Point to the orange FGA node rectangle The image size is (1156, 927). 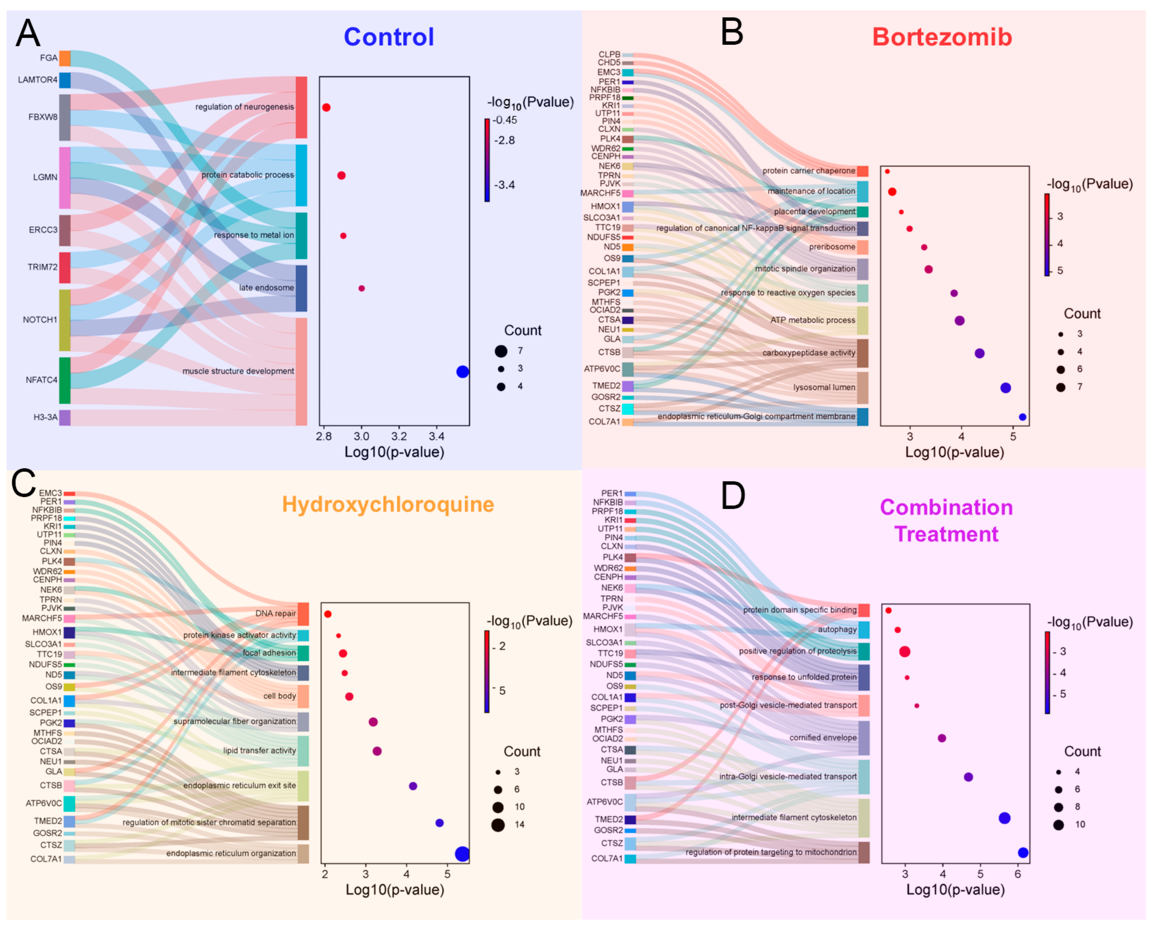(65, 58)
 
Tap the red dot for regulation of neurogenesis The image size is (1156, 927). (326, 107)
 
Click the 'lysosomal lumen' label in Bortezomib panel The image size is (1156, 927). (824, 387)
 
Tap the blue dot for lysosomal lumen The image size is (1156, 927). (1005, 388)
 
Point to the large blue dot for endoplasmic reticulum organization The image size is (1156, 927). (462, 854)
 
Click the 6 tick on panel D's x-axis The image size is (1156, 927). (1018, 874)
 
